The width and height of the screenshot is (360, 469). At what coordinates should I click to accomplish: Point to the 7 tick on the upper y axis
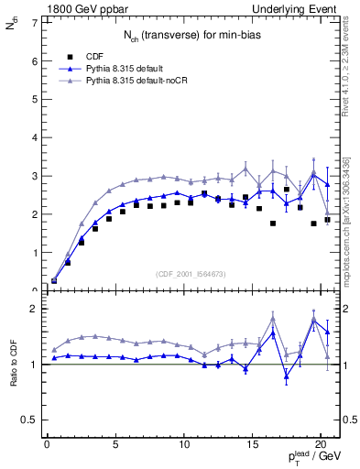click(x=34, y=22)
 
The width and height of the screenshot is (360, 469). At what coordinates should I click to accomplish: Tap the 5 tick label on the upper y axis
click(x=34, y=99)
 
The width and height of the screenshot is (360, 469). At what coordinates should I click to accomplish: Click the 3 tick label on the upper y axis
click(x=34, y=176)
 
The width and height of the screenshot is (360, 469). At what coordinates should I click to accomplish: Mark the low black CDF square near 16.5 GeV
click(x=273, y=223)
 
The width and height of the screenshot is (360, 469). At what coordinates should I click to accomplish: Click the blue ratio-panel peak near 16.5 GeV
click(x=273, y=333)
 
